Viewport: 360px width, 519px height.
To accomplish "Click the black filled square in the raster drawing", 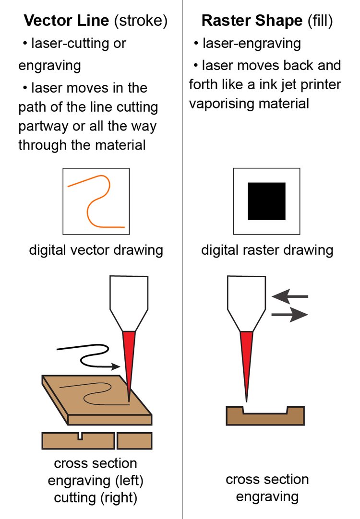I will click(266, 201).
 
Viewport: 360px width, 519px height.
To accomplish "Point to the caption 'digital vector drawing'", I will click(96, 250).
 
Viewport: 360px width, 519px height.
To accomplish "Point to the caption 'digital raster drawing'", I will click(267, 250).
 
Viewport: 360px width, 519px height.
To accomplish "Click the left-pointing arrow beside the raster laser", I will click(289, 297).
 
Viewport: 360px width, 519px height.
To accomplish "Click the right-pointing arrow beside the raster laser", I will click(290, 315).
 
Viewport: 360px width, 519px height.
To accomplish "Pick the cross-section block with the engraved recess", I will click(265, 416).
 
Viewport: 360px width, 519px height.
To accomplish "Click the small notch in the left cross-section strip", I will click(80, 436).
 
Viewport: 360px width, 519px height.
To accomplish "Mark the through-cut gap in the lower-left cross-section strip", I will click(116, 440).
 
